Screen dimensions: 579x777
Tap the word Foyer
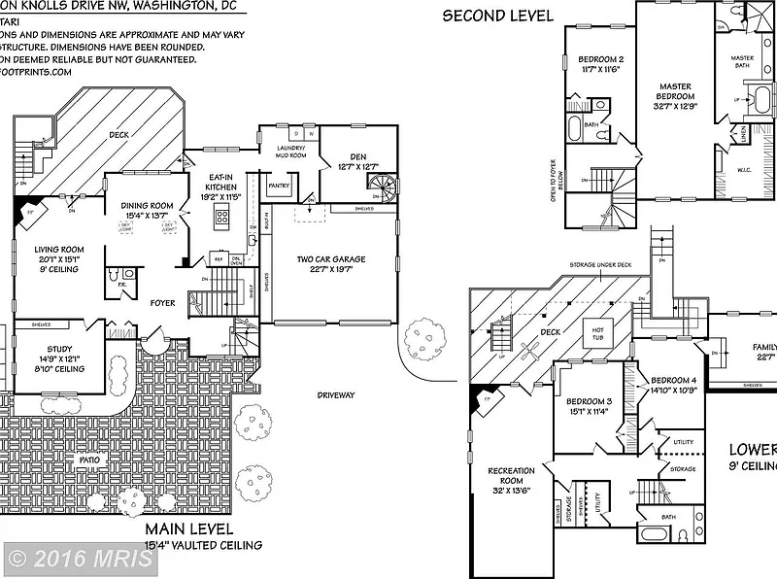click(x=162, y=303)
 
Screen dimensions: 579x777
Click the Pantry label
click(x=280, y=185)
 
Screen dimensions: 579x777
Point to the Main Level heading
click(x=189, y=529)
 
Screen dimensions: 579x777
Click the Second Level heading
click(x=498, y=15)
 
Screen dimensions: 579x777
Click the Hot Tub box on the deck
click(x=598, y=334)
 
